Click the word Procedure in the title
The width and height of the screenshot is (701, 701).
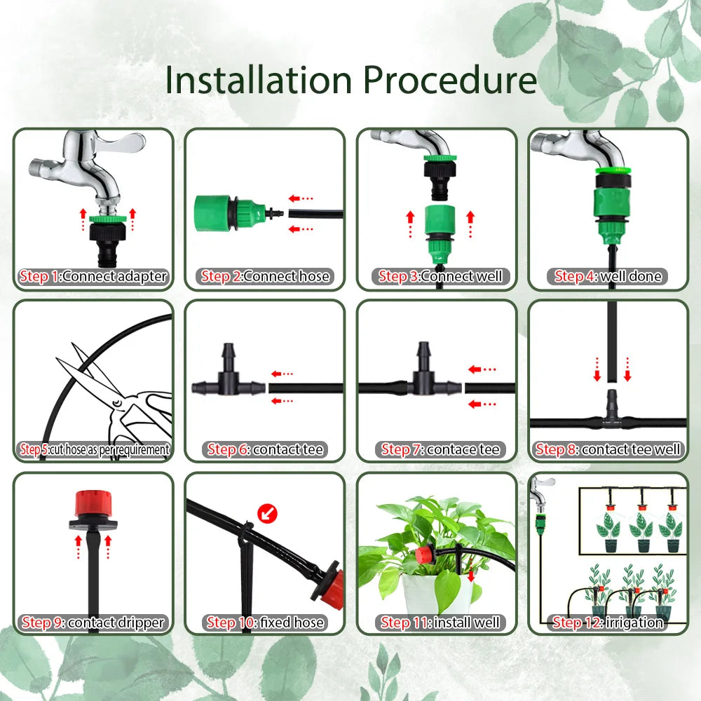pyautogui.click(x=449, y=81)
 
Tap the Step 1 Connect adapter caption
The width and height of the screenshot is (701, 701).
pyautogui.click(x=93, y=276)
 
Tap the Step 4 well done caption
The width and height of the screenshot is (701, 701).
pyautogui.click(x=608, y=276)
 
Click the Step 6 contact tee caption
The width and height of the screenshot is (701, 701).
pyautogui.click(x=265, y=449)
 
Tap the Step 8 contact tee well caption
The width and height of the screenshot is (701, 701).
pyautogui.click(x=608, y=449)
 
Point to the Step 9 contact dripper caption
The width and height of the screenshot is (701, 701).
pyautogui.click(x=93, y=622)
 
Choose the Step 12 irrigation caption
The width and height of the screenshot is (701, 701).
pyautogui.click(x=608, y=622)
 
